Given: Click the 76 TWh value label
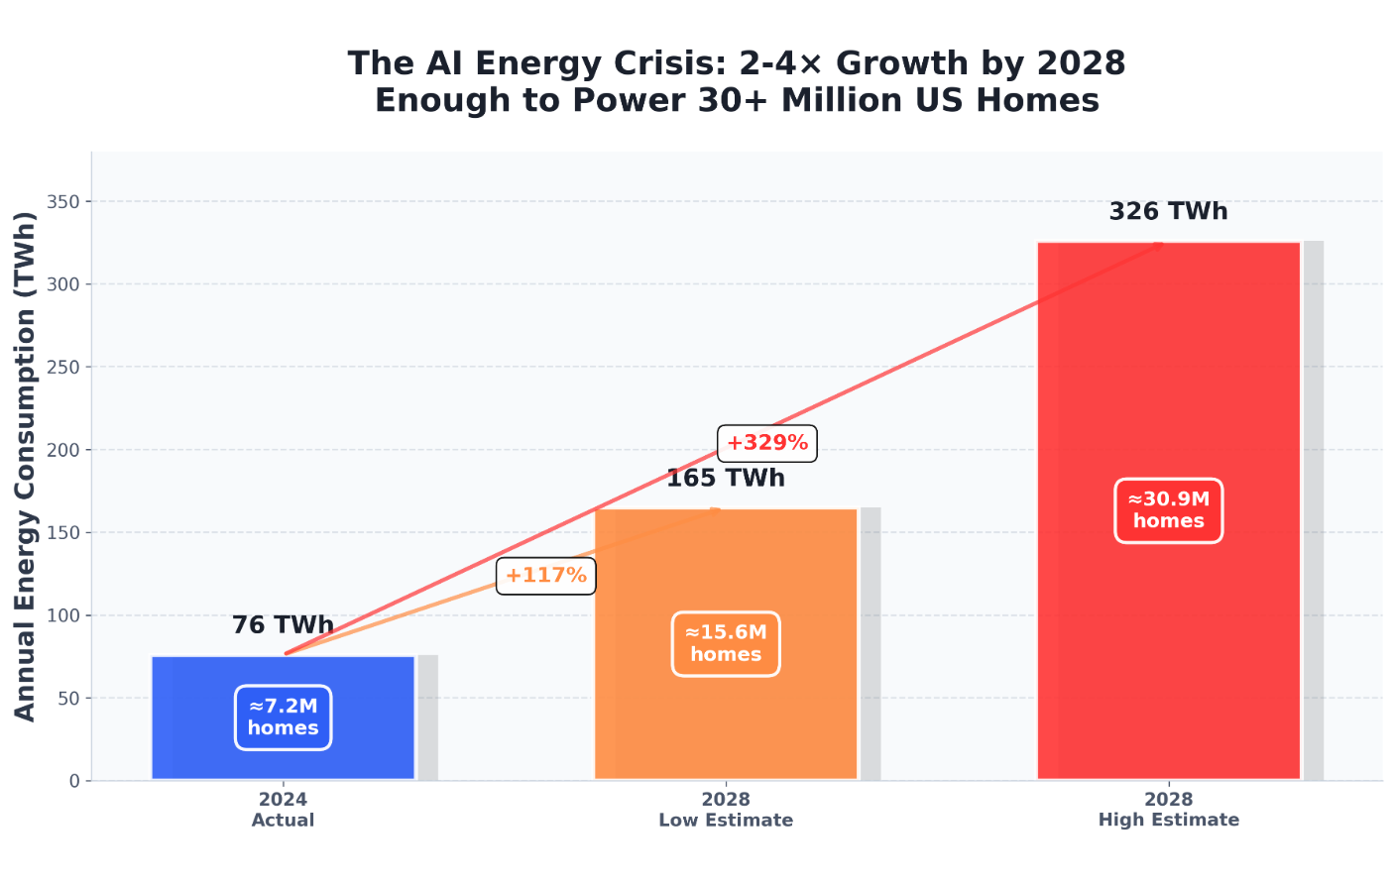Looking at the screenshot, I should click(x=283, y=625).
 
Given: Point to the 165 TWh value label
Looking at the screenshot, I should click(x=726, y=479).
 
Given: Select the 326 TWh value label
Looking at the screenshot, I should click(x=1168, y=212).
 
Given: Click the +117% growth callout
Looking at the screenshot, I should click(x=545, y=576).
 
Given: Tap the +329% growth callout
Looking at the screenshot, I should click(x=766, y=443).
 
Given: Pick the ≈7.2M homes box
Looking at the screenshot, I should click(x=284, y=718).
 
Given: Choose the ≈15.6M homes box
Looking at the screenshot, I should click(x=726, y=644).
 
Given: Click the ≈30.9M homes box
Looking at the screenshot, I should click(x=1168, y=510).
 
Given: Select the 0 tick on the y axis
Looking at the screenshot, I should click(x=74, y=781).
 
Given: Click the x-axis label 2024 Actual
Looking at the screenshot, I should click(x=283, y=810).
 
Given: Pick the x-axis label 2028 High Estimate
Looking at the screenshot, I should click(x=1168, y=810).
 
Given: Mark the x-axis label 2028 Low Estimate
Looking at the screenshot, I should click(x=726, y=810).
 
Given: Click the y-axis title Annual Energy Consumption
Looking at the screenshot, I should click(x=25, y=466).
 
